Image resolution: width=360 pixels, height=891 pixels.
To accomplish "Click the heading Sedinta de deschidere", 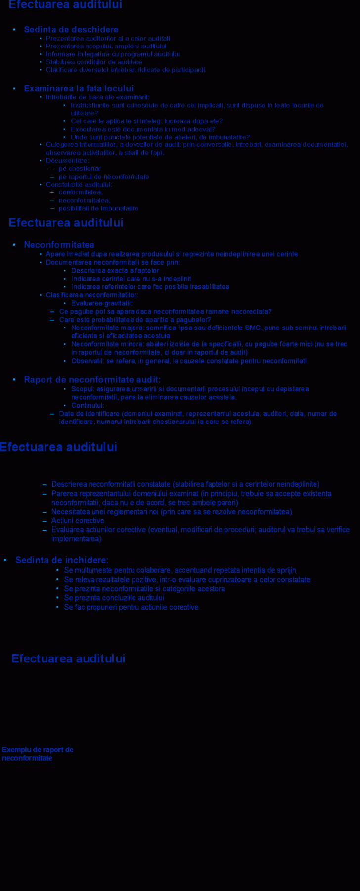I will point(71,30).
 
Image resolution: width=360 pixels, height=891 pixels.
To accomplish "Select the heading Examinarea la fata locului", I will point(79,89).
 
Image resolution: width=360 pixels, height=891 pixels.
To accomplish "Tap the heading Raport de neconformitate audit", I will point(92,380).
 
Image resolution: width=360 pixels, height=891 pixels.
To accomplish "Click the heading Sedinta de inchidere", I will point(62,560).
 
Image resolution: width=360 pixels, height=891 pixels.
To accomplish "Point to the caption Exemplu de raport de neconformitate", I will point(38,754).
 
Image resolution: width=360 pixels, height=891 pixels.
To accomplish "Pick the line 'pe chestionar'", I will point(80,169).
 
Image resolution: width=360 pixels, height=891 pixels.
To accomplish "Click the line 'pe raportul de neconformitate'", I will point(104,177).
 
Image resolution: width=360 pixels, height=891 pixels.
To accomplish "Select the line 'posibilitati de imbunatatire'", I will point(98,208).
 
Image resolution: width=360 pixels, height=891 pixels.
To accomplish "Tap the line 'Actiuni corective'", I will point(78,521).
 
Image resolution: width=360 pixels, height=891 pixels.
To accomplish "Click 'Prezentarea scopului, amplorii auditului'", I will point(106,46).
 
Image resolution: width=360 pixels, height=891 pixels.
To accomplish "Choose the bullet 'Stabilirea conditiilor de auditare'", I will point(94,62).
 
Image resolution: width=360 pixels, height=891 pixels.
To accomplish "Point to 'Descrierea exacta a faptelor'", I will point(115,271).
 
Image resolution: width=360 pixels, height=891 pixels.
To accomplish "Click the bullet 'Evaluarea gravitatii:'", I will point(102,303).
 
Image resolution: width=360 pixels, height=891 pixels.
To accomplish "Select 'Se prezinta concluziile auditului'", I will point(114,598).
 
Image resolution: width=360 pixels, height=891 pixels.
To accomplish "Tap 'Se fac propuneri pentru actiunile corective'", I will point(131,607).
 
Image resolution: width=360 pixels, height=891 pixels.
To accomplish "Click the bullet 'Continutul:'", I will point(88,405).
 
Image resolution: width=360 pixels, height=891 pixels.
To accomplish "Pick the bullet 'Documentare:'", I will point(68,161).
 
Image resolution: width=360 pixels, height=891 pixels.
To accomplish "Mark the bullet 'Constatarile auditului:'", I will point(79,185).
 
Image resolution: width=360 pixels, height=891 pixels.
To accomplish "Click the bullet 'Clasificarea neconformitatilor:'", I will point(92,295).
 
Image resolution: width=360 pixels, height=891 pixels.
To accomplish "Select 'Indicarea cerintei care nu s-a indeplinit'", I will point(131,279).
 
